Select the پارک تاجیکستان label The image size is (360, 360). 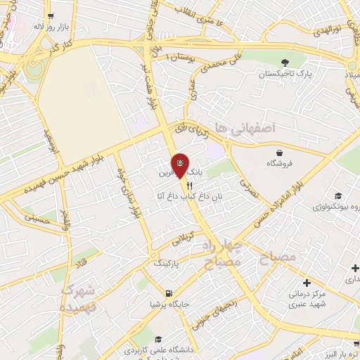click(285, 73)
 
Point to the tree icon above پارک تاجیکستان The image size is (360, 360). click(285, 62)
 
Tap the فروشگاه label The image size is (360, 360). click(280, 163)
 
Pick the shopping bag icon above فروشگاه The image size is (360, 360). click(280, 152)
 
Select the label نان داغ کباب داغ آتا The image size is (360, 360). click(188, 196)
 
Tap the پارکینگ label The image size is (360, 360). click(167, 262)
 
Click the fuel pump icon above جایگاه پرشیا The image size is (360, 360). click(167, 293)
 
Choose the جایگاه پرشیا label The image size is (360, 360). click(167, 304)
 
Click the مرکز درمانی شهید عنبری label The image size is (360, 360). click(307, 299)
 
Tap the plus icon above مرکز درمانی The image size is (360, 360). click(307, 282)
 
